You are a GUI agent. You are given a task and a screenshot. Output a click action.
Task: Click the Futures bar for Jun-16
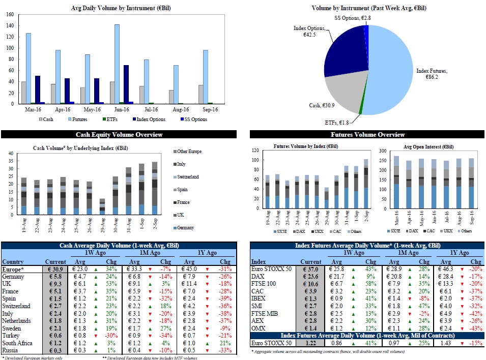[x=117, y=64]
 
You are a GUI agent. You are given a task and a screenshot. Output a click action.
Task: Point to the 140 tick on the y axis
[x=10, y=25]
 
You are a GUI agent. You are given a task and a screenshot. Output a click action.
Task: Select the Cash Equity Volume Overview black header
[x=119, y=135]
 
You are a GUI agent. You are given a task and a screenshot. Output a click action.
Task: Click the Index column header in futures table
[x=260, y=261]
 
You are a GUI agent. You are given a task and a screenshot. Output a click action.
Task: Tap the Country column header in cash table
[x=14, y=261]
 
